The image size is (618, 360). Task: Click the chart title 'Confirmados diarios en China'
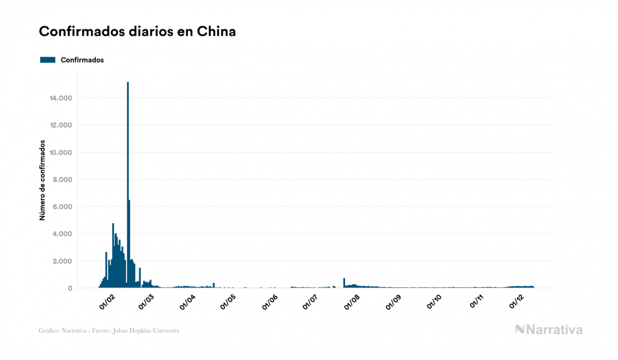tap(137, 32)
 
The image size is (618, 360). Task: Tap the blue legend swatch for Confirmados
tap(48, 60)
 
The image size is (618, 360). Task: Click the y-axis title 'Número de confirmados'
tap(42, 181)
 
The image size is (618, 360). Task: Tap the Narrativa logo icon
tap(520, 330)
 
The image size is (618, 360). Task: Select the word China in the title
tap(216, 32)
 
